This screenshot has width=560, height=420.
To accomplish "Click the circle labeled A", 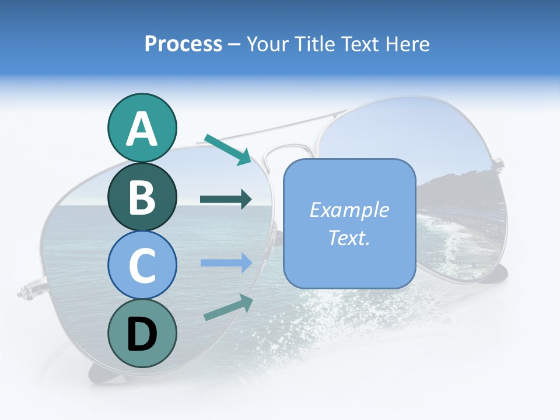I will click(142, 128).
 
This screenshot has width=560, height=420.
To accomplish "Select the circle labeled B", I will click(142, 197).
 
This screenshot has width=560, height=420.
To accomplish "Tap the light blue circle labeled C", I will click(142, 264).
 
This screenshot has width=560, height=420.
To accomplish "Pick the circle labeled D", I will click(142, 333).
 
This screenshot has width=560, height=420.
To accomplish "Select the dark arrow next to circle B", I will click(226, 199).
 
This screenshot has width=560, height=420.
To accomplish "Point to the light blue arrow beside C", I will click(226, 262).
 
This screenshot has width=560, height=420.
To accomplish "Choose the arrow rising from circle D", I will click(228, 307).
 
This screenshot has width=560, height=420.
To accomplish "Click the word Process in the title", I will click(183, 44).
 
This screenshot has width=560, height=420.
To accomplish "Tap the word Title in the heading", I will click(314, 44).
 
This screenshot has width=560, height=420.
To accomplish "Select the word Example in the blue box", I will click(349, 210).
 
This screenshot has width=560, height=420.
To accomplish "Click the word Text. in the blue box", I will click(349, 237).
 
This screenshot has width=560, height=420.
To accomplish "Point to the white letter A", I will click(142, 129).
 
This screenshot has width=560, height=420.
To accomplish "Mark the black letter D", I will click(142, 334).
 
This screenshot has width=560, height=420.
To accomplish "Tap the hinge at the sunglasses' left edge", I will click(27, 290).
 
